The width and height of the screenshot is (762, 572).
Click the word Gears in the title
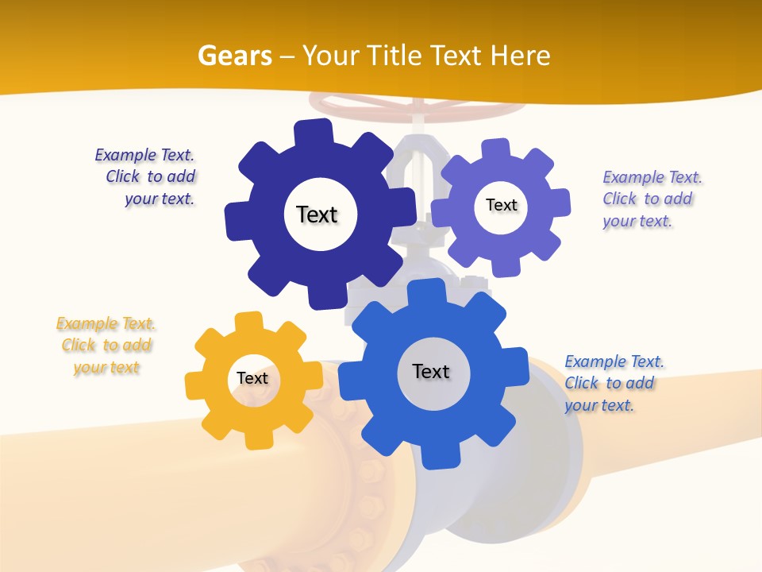234,56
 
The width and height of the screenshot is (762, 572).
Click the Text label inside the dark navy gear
317,214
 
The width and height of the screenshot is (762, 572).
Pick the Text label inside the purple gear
501,205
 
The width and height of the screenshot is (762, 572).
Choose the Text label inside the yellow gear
252,378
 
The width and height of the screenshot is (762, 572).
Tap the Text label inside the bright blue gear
431,371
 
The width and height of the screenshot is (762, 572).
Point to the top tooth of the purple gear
495,149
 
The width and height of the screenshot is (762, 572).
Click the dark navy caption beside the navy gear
147,176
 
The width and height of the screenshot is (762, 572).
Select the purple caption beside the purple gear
651,199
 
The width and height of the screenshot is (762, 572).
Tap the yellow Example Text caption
106,346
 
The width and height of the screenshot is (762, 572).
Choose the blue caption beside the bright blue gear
614,383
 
